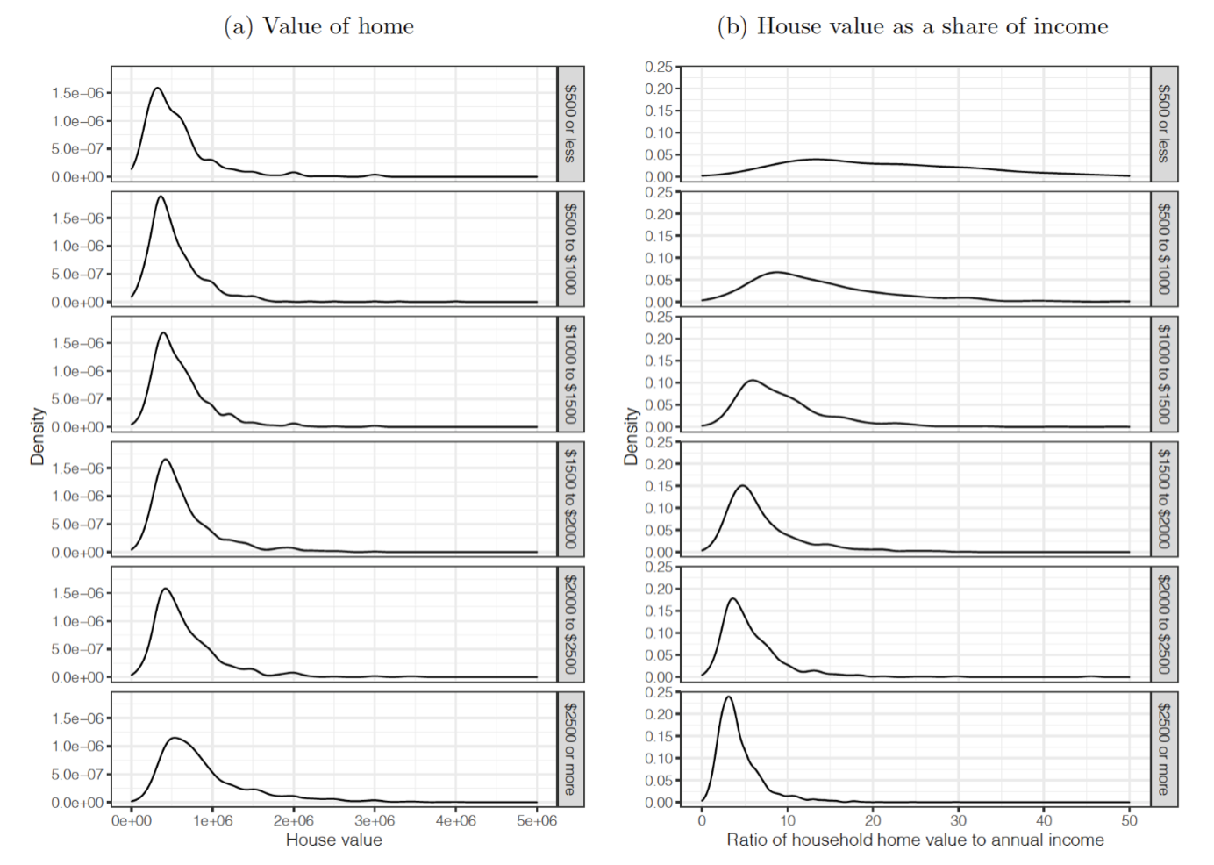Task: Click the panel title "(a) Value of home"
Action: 318,26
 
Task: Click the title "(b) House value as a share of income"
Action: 912,26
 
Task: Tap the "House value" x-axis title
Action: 333,840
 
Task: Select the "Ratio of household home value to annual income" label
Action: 915,840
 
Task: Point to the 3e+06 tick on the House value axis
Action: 375,820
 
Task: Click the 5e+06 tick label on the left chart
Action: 536,820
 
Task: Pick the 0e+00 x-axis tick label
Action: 132,820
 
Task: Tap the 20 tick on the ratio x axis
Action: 873,820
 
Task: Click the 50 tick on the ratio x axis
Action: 1129,820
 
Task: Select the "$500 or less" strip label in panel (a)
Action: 570,124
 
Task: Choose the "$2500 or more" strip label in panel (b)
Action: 1163,748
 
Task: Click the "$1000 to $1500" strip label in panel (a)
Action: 570,374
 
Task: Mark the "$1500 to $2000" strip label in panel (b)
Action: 1163,498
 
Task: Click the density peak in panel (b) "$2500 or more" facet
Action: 728,697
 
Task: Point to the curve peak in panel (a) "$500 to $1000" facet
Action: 161,197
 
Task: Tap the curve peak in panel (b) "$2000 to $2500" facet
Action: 732,599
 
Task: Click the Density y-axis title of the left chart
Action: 37,436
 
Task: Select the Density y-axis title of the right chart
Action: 631,436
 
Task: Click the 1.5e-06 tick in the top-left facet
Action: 77,93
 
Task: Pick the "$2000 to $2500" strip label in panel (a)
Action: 570,624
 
